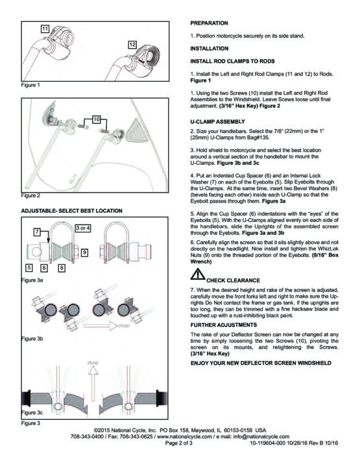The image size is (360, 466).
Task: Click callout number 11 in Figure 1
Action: point(45,29)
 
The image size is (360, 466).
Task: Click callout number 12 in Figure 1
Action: point(132,45)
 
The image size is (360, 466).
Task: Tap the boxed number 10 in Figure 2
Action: point(97,119)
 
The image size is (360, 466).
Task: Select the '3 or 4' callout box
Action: point(83,228)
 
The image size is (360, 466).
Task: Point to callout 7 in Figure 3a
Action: point(37,232)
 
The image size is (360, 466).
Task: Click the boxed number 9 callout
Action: point(84,252)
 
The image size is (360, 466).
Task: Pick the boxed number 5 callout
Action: point(29,268)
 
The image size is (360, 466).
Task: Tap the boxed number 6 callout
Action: point(44,268)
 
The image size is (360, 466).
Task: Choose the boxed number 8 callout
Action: point(62,268)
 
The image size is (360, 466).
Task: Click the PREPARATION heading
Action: point(209,23)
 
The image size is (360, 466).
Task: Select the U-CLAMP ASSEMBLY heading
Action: point(218,121)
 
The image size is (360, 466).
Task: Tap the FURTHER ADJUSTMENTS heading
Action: point(224,325)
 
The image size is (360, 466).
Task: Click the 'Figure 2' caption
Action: point(30,195)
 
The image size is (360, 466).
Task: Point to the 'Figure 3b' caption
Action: point(32,339)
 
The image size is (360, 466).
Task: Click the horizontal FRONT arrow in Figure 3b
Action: point(101,326)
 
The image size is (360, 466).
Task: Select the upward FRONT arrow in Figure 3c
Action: point(93,383)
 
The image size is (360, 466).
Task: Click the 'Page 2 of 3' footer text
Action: point(179,443)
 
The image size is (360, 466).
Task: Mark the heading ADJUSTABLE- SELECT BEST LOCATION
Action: point(71,211)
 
